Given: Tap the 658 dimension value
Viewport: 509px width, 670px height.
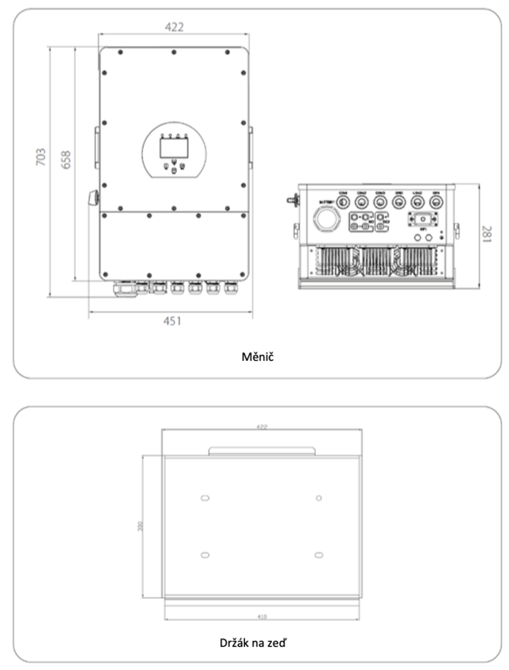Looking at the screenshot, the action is (x=67, y=158).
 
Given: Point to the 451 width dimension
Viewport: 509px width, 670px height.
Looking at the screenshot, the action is (x=172, y=322).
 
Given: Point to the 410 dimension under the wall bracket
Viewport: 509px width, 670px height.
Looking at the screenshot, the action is (x=262, y=616).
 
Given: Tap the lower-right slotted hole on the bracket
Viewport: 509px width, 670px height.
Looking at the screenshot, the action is (x=319, y=555).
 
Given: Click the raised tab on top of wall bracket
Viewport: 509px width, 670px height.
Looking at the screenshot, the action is (x=261, y=450).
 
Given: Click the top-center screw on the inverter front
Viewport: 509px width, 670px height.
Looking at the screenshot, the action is (x=173, y=52).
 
